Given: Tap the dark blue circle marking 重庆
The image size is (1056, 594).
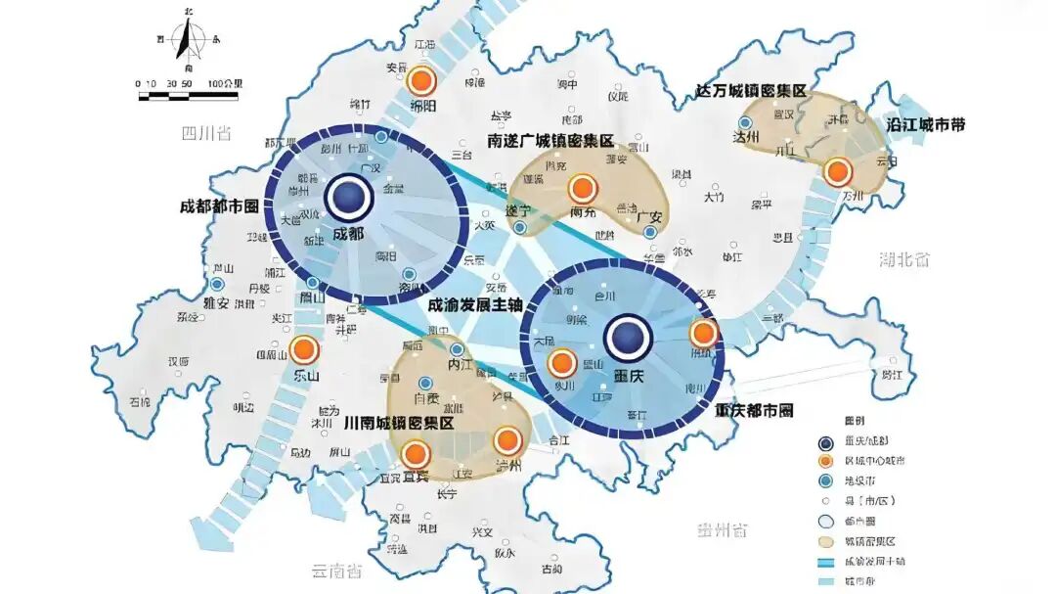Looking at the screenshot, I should coord(627,338).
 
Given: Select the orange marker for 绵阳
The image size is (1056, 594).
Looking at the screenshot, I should coord(421,82).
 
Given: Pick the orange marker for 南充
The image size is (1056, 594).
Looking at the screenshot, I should coord(584,188).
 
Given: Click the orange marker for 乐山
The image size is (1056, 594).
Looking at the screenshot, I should coord(304,349).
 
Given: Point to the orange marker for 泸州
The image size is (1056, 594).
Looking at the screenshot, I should coord(507,442).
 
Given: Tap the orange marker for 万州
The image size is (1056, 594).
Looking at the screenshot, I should coord(837,172).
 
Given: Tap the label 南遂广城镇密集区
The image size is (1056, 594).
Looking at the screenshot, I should coord(550,142).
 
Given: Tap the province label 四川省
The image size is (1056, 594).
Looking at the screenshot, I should coord(206,133).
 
